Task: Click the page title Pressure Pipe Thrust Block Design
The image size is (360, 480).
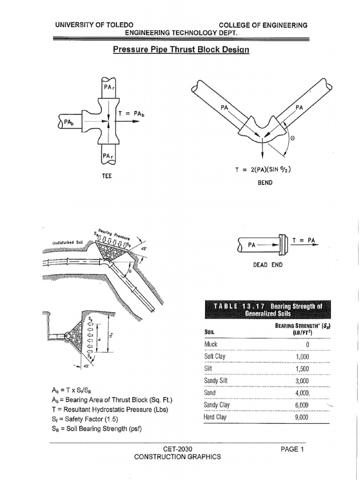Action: tap(181, 50)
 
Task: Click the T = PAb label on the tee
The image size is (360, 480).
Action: tap(130, 113)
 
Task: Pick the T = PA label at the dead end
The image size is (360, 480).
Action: tap(304, 240)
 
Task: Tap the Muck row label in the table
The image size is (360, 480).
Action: tap(211, 345)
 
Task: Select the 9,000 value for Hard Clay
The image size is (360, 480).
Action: tap(301, 416)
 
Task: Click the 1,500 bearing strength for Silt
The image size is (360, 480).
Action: tap(301, 368)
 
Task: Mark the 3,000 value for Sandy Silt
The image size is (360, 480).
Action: tap(301, 381)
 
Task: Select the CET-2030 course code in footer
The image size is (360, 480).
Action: tap(177, 449)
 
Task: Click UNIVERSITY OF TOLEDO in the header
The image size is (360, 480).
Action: tap(94, 25)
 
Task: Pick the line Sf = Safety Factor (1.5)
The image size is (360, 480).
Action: tap(84, 420)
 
